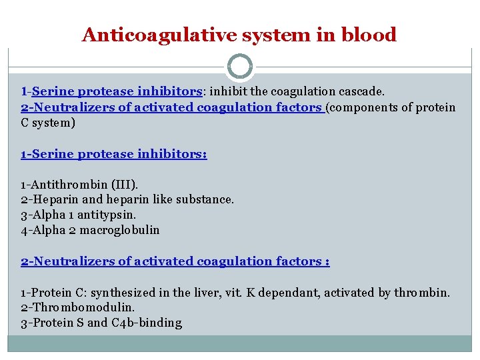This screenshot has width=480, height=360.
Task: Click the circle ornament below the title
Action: pos(240,67)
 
